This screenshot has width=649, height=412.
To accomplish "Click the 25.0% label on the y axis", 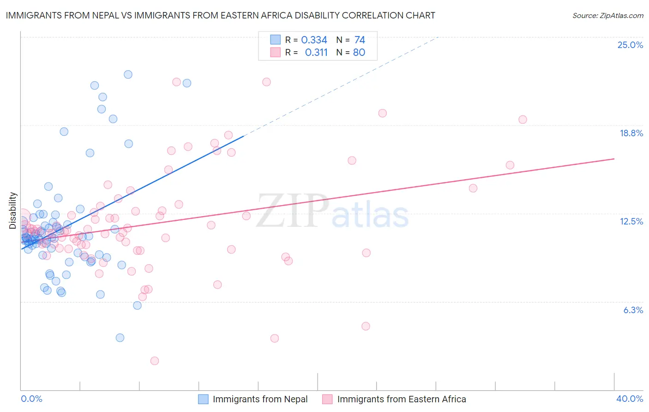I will point(630,45).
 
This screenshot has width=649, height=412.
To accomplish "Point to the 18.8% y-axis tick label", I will point(631,133).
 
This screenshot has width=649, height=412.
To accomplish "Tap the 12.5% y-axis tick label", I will point(631,221).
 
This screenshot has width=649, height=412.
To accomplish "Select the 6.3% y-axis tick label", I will point(633,310).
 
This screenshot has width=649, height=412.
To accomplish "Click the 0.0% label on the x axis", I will point(31,399).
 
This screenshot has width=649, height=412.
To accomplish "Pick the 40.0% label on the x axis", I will point(629,399).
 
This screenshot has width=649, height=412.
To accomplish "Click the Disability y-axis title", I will point(13,211).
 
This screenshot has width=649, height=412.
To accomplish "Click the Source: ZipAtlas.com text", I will point(607,15).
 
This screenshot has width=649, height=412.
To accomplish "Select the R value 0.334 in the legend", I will point(314,40).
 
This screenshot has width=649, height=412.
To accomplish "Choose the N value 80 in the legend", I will point(359,52).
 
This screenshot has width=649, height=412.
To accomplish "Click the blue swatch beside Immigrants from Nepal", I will point(204,399).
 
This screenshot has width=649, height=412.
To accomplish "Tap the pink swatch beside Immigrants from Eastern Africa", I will point(327,399).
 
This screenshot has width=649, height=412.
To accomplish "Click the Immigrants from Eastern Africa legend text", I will point(402,399).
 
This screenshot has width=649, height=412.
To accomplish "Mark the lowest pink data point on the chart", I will point(155,361).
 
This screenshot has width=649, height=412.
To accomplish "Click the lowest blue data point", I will point(120,338).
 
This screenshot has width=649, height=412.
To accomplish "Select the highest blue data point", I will point(128,74).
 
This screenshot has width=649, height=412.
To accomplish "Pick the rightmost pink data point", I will point(523,120).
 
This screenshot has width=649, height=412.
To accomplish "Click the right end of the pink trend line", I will point(614,159).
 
